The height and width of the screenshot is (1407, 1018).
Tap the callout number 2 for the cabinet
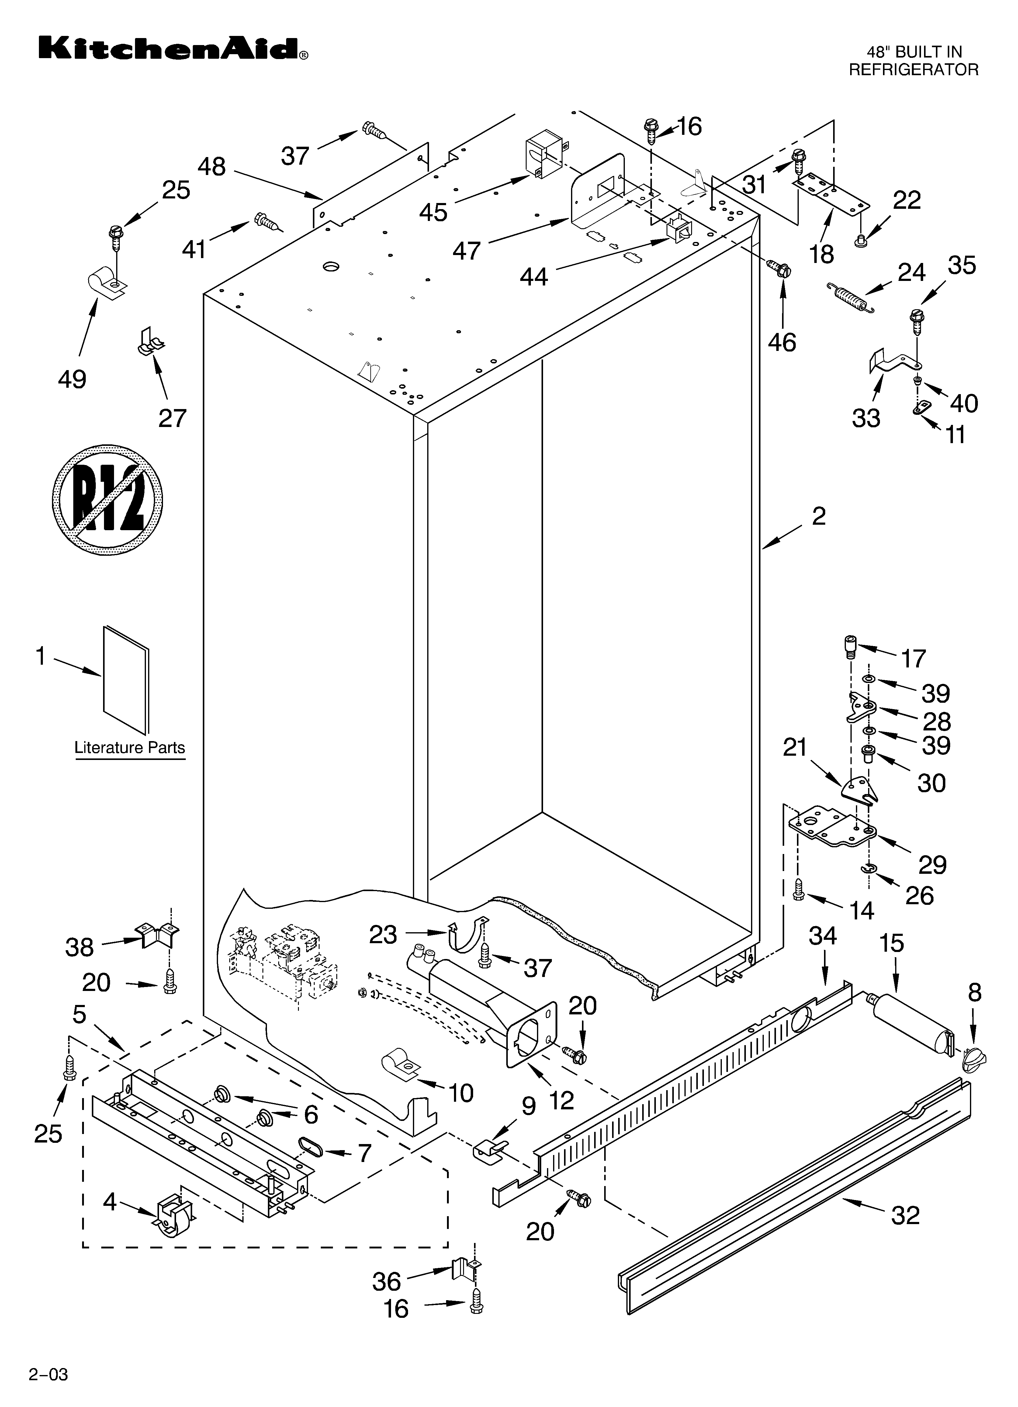818,516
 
